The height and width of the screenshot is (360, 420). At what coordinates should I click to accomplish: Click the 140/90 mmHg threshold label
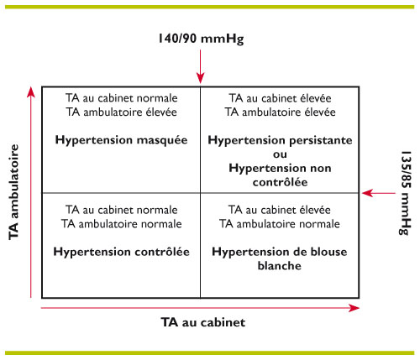click(x=201, y=39)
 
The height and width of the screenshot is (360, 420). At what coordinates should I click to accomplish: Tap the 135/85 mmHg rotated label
click(x=406, y=193)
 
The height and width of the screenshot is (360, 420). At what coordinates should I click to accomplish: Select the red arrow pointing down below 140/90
click(x=201, y=66)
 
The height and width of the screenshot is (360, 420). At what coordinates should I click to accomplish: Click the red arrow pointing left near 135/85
click(x=379, y=193)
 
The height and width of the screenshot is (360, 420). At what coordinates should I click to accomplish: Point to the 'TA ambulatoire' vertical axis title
click(x=13, y=192)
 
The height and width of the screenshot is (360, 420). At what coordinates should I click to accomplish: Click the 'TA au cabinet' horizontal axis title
click(x=203, y=322)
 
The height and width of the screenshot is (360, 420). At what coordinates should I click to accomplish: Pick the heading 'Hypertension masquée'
click(x=121, y=140)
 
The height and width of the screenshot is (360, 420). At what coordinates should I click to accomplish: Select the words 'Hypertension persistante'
click(x=280, y=140)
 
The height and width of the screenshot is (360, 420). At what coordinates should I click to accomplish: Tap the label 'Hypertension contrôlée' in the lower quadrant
click(x=121, y=252)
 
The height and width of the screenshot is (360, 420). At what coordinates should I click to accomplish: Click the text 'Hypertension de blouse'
click(x=280, y=252)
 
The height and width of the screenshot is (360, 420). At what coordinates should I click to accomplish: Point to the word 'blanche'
click(x=280, y=265)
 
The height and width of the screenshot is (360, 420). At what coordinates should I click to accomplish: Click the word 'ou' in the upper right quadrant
click(x=280, y=154)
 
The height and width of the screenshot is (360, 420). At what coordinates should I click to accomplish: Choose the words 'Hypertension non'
click(x=280, y=168)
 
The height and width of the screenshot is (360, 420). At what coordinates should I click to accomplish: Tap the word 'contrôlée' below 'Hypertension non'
click(x=280, y=182)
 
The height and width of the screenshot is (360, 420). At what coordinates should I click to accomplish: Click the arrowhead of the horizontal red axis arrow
click(x=354, y=308)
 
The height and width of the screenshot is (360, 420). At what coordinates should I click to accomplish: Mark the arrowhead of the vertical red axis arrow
click(x=31, y=92)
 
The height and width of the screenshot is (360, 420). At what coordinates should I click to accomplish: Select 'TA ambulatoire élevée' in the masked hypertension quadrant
click(x=122, y=112)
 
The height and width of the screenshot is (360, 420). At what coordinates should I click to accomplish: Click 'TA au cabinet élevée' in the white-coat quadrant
click(x=280, y=210)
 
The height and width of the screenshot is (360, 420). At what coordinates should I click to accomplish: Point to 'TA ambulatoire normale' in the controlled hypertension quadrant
click(x=122, y=224)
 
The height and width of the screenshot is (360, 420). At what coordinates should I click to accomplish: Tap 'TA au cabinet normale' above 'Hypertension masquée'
click(x=122, y=98)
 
